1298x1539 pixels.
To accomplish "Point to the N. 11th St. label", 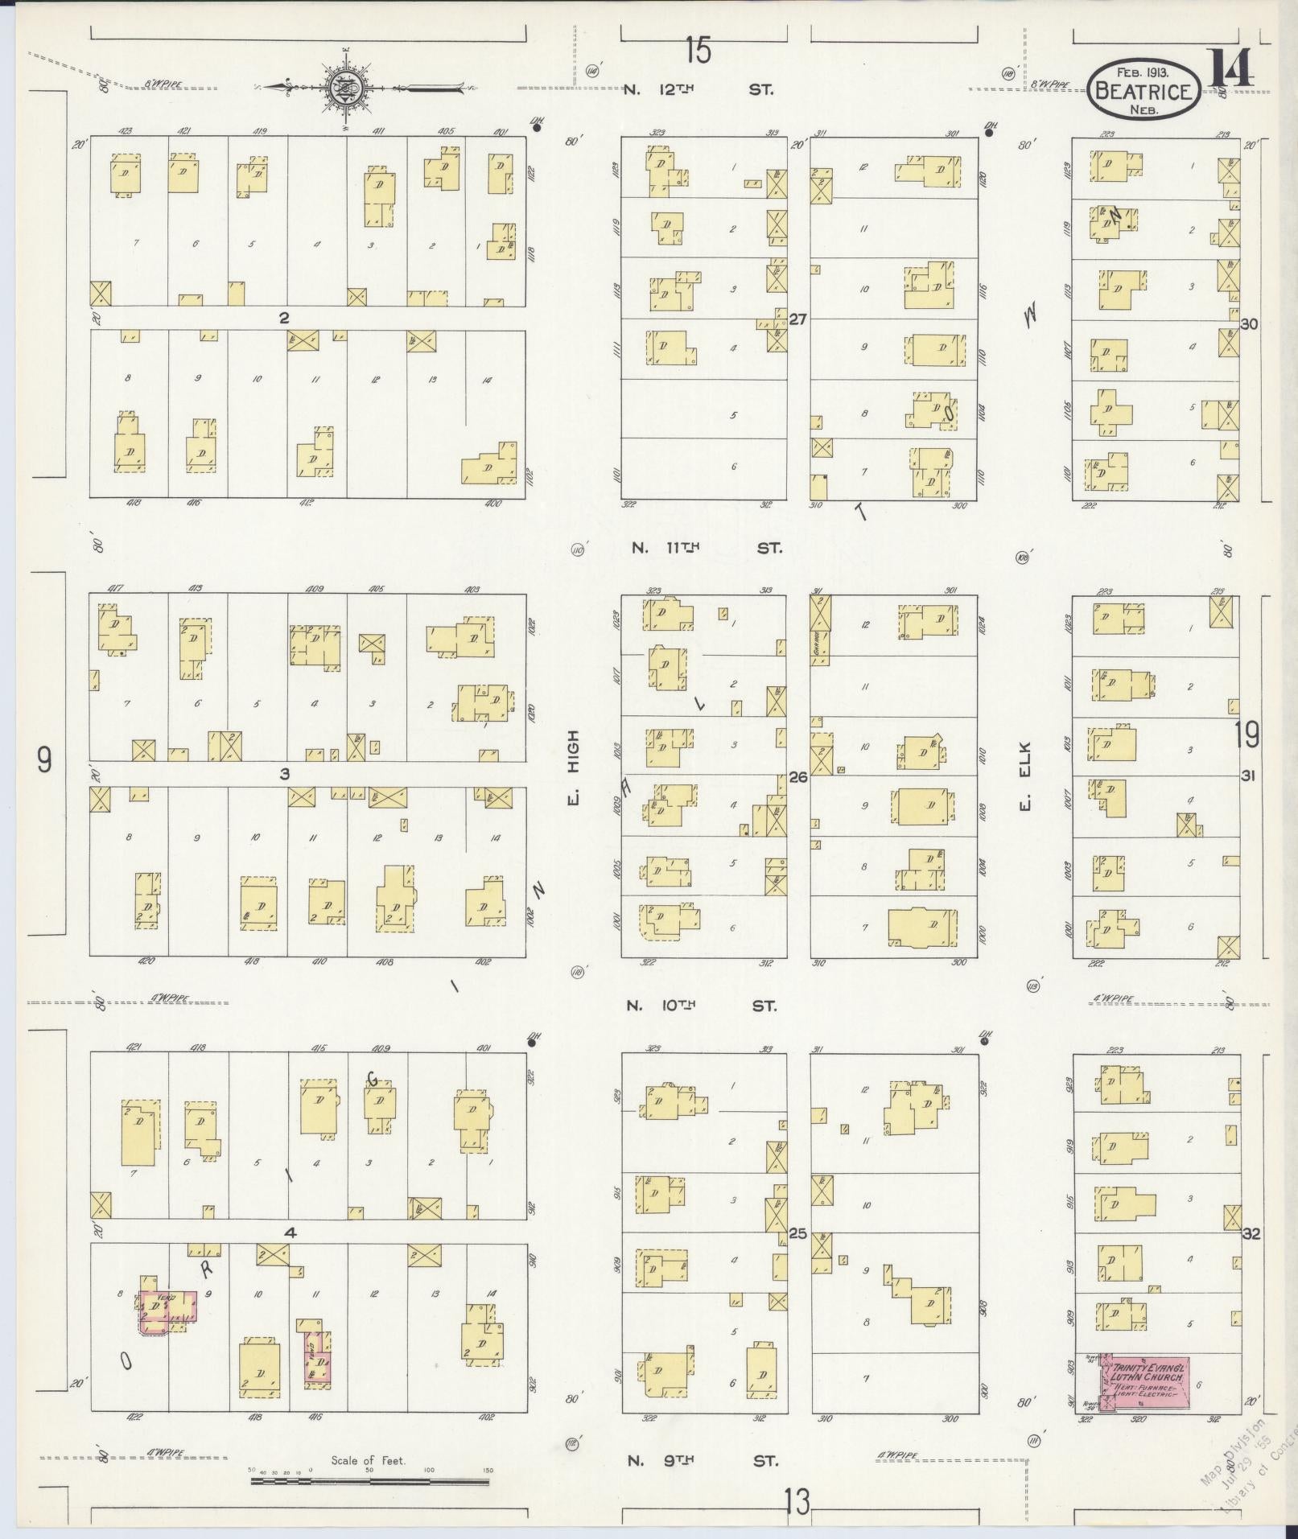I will pyautogui.click(x=706, y=548).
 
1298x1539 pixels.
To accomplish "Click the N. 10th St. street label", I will pyautogui.click(x=701, y=1006).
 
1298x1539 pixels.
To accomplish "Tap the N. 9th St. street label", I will pyautogui.click(x=701, y=1461).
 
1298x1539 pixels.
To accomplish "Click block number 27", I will pyautogui.click(x=797, y=319).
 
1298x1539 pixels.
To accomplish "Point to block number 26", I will pyautogui.click(x=797, y=777).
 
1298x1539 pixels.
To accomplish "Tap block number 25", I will pyautogui.click(x=797, y=1232).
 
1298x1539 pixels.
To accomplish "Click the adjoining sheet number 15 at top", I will pyautogui.click(x=698, y=52).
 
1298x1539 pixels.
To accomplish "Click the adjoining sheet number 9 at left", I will pyautogui.click(x=45, y=759).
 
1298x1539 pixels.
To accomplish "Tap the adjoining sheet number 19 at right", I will pyautogui.click(x=1248, y=735).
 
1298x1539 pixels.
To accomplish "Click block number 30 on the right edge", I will pyautogui.click(x=1249, y=324).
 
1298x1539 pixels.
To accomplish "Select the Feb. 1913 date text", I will pyautogui.click(x=1142, y=73).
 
